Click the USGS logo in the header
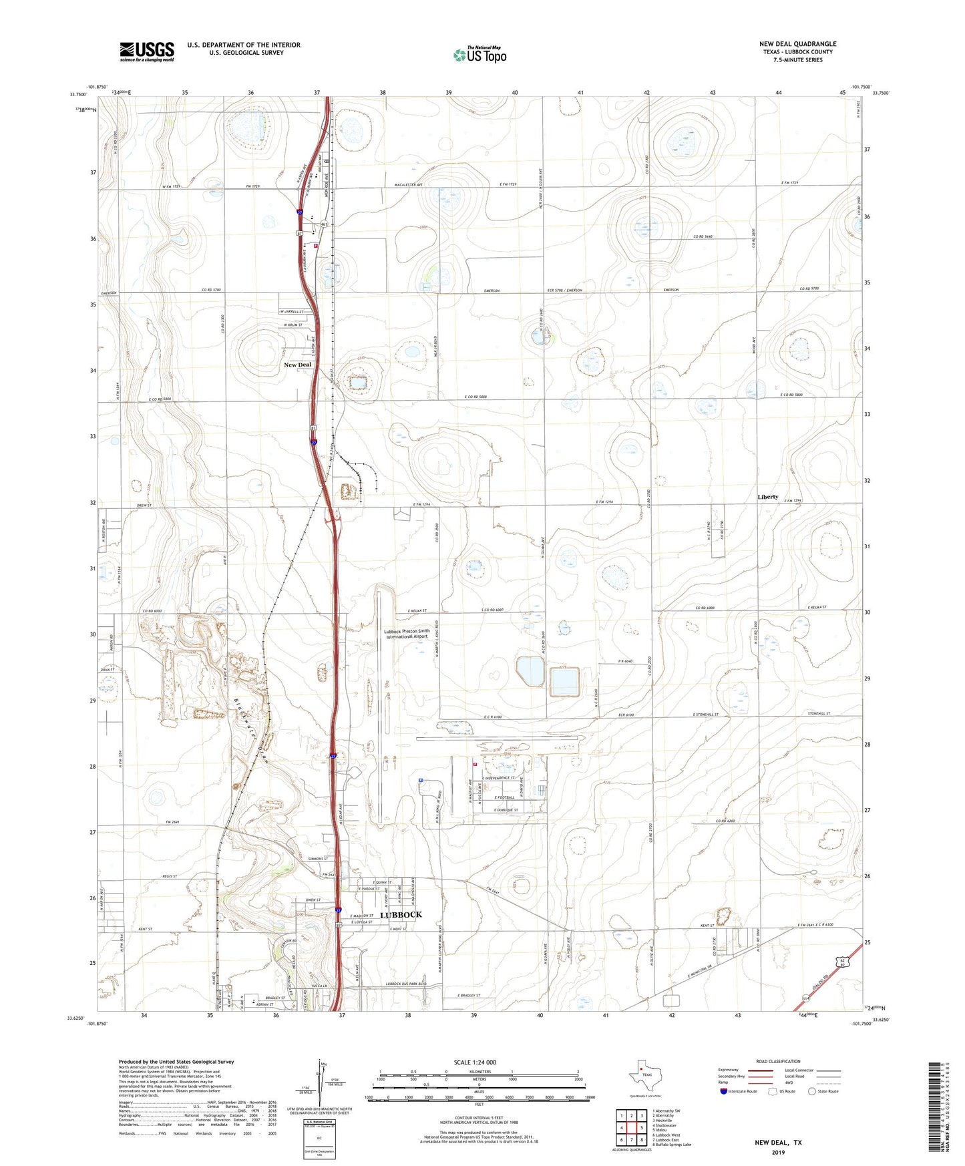point(147,51)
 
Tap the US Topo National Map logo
point(479,55)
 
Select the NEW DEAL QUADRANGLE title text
point(797,44)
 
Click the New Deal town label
point(298,365)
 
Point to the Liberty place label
point(768,497)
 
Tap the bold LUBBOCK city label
point(401,915)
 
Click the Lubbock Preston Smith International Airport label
point(407,633)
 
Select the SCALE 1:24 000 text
point(475,1062)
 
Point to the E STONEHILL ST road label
point(705,715)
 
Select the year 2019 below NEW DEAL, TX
point(778,1152)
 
